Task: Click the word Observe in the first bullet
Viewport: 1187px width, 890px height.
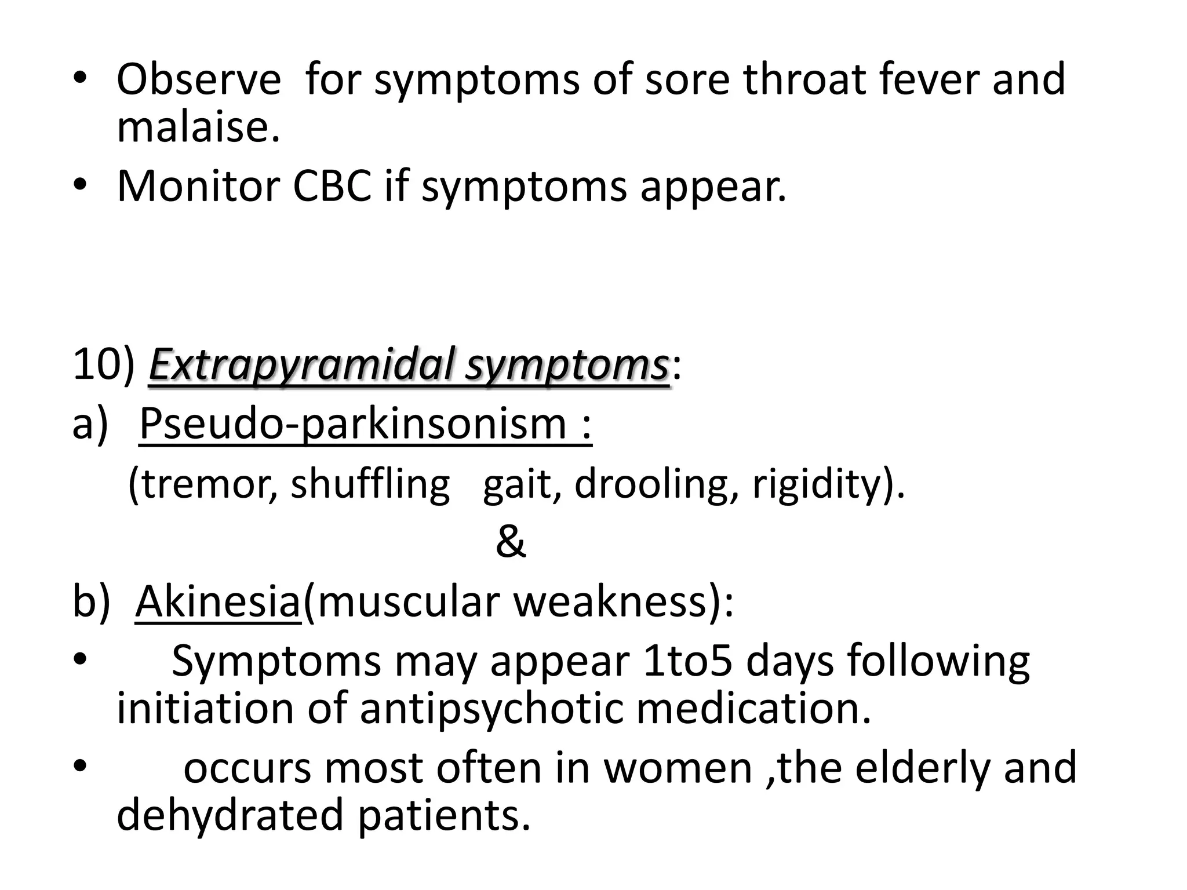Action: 198,79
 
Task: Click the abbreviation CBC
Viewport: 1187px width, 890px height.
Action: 332,187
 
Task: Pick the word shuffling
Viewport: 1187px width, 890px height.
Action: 370,484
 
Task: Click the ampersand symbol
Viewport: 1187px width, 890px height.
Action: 511,543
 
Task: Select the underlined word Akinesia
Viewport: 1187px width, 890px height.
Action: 217,602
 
